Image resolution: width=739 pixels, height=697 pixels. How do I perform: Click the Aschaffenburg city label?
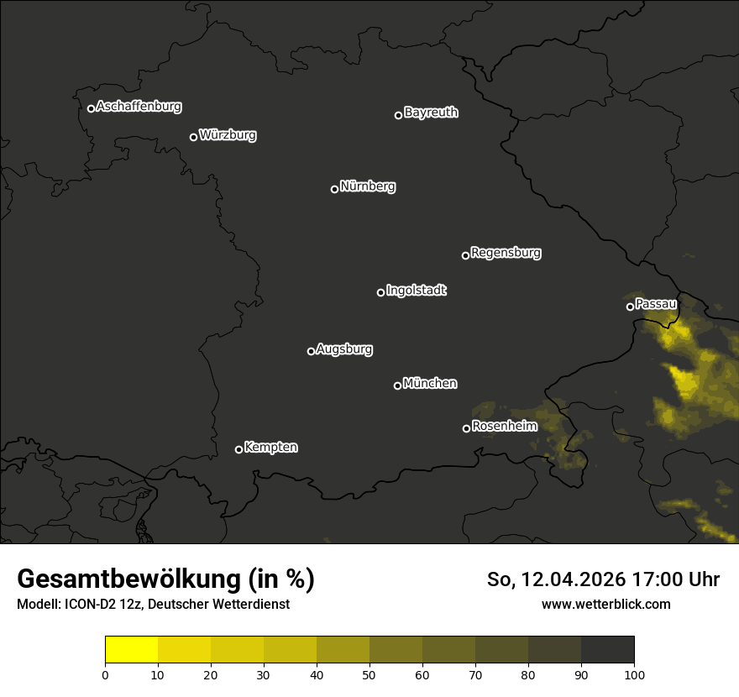(139, 107)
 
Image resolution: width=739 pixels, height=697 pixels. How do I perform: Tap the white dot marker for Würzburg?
(193, 137)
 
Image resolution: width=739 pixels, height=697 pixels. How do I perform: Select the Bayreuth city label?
(431, 113)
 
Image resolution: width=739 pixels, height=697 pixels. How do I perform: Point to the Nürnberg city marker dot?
(334, 189)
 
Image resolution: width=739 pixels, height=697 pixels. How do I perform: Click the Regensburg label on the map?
(506, 253)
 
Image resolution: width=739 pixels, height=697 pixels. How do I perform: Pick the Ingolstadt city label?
(417, 291)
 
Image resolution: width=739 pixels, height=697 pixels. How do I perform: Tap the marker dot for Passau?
(630, 307)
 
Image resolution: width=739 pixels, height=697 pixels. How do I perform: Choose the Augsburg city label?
(344, 349)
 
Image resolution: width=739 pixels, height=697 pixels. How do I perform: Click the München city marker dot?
(397, 385)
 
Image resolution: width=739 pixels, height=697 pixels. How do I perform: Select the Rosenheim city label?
(504, 427)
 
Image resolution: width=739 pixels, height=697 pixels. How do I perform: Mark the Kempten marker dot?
(238, 449)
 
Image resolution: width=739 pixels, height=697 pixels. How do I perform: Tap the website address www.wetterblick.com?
(605, 604)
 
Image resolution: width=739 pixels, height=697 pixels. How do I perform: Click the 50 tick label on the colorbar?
(369, 674)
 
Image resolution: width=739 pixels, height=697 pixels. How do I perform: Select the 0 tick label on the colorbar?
(105, 674)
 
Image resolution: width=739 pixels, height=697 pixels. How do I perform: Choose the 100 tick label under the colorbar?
(634, 674)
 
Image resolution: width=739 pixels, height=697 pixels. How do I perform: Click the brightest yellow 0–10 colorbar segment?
(132, 650)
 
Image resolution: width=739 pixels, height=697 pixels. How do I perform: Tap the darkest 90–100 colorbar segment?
(607, 650)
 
